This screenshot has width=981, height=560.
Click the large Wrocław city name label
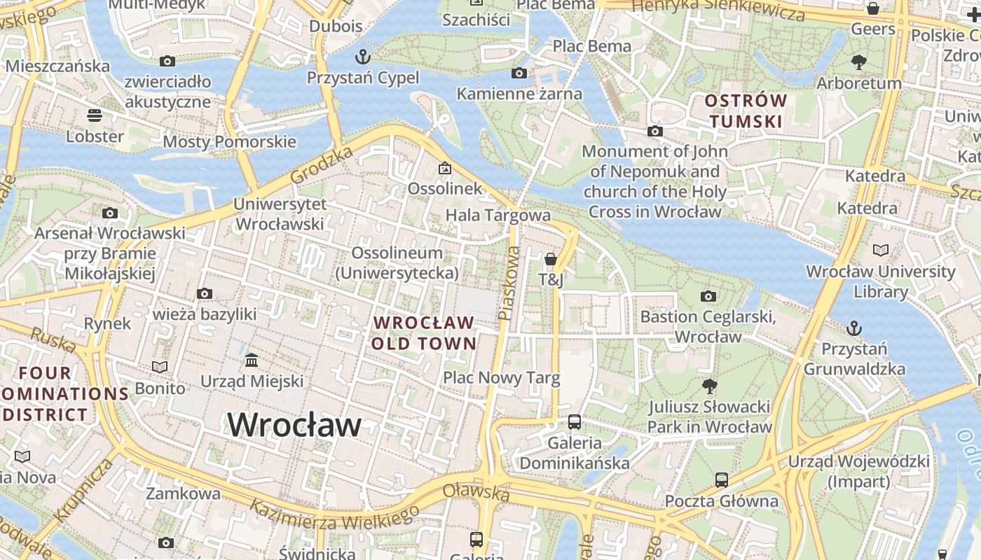[x=294, y=424]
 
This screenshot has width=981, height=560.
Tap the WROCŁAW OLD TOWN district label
[x=424, y=333]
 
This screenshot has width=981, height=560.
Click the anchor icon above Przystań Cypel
[x=363, y=56]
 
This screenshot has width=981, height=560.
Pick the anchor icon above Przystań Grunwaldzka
[x=853, y=328]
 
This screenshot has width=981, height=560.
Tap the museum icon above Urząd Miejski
[x=252, y=360]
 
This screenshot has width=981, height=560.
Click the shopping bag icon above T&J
[x=551, y=259]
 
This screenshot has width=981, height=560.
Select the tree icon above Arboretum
[x=858, y=62]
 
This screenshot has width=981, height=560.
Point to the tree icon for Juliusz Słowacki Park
[x=709, y=386]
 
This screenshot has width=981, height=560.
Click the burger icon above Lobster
[x=95, y=115]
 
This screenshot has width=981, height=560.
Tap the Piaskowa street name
[x=509, y=283]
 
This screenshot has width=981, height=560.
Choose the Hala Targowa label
[x=498, y=215]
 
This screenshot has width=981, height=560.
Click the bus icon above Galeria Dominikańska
[x=574, y=422]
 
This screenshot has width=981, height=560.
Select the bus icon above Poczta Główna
[x=721, y=480]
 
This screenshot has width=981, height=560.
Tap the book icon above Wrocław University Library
[x=880, y=250]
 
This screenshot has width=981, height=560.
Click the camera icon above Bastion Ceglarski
[x=708, y=296]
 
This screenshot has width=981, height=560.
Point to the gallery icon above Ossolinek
[x=444, y=168]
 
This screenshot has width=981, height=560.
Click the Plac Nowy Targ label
[x=501, y=379]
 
